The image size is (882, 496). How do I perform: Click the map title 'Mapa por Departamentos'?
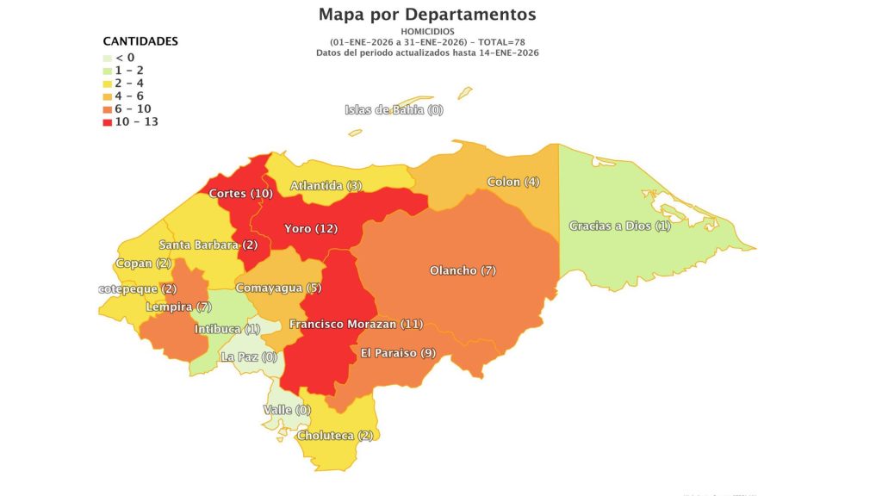pos(427,15)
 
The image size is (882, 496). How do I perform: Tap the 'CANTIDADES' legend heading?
pos(140,41)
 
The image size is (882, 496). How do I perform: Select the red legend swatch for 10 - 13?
pos(108,122)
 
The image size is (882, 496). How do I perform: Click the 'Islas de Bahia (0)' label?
pos(394,109)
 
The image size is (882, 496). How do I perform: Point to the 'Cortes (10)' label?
pos(240,194)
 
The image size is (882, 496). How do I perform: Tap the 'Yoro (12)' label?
pos(311,229)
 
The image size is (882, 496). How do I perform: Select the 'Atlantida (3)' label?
pos(326,186)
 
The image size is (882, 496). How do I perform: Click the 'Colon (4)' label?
pos(513,182)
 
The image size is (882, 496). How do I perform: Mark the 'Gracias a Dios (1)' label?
pos(619,226)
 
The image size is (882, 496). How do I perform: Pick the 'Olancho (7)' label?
pos(463,271)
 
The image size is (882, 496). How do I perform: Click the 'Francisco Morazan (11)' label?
pos(356,324)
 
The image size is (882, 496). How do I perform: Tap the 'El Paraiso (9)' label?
pos(397,353)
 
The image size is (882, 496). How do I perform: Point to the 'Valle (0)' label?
pos(286,410)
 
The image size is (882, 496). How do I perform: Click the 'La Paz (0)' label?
pos(249,356)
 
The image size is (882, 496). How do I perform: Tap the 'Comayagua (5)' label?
pos(278,288)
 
